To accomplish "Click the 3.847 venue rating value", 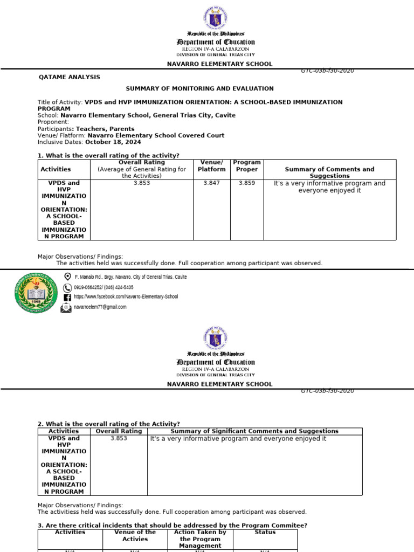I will [211, 183].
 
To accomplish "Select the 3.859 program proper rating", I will [247, 183].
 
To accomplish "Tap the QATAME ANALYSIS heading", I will [70, 77].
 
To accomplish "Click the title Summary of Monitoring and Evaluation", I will [199, 88].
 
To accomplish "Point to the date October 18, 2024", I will [113, 142].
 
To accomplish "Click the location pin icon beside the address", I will [67, 277].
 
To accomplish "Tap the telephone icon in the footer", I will [67, 287].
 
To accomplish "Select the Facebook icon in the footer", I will [67, 297].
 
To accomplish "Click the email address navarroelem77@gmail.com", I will [104, 307].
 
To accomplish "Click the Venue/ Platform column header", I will [211, 165].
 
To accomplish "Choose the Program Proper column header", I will [247, 165].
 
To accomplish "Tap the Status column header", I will [265, 532].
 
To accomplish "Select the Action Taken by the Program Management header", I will [200, 539].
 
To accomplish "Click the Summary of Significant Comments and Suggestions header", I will [254, 431].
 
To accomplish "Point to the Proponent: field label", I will [53, 122].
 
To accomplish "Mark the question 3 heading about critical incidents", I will [172, 526].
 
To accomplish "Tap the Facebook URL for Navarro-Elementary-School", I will [126, 296].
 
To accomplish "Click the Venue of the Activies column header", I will [135, 535].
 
